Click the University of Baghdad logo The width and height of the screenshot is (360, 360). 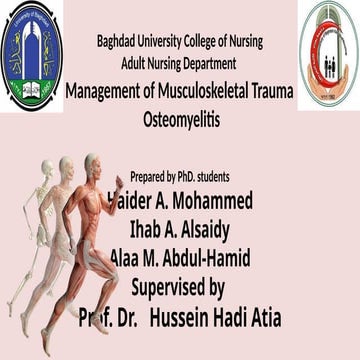pyautogui.click(x=31, y=55)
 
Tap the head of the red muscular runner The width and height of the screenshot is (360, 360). pyautogui.click(x=92, y=162)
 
